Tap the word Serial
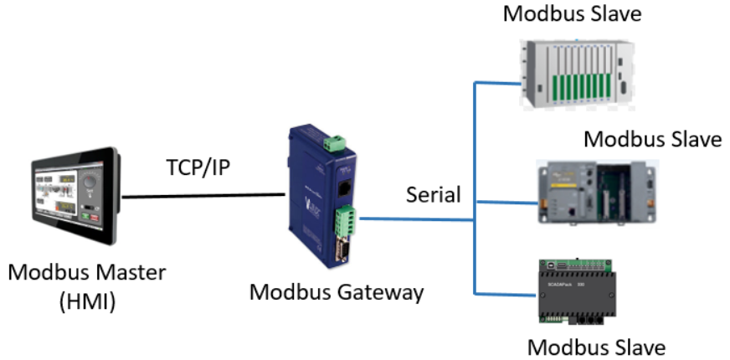[434, 195]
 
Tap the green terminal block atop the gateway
[337, 140]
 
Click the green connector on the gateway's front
[344, 222]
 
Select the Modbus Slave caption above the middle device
[652, 138]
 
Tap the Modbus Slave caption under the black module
[596, 347]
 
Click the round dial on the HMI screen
[91, 182]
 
